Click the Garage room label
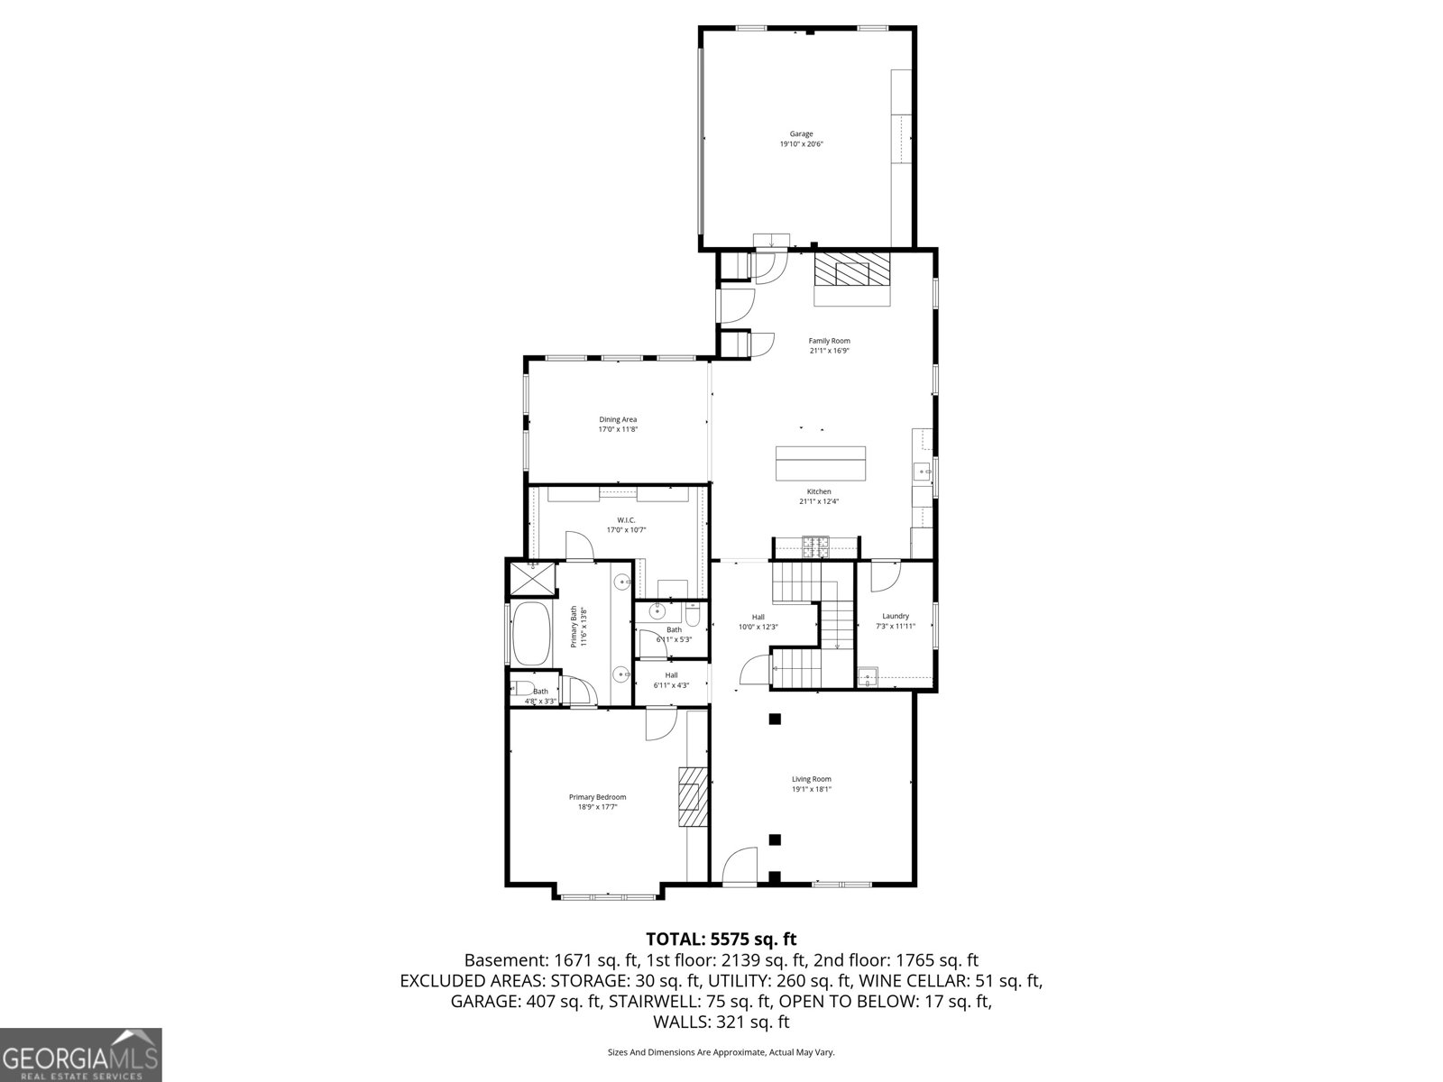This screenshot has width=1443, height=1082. [x=801, y=134]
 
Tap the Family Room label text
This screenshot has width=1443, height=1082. [x=829, y=341]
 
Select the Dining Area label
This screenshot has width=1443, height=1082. [x=618, y=419]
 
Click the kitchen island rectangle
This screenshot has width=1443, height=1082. [x=820, y=463]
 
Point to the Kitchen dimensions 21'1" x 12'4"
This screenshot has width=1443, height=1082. [x=819, y=501]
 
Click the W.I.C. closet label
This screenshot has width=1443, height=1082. [x=626, y=520]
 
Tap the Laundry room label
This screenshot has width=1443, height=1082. [x=895, y=616]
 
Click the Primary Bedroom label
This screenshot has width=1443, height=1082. [x=597, y=797]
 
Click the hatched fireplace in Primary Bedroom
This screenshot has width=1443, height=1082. [x=694, y=797]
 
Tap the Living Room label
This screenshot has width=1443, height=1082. [x=811, y=779]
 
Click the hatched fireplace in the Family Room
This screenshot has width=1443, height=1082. [x=851, y=269]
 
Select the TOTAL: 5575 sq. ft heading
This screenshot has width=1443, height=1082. [x=721, y=940]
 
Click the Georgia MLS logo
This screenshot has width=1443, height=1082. [x=81, y=1054]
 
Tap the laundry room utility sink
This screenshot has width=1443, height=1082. [x=868, y=677]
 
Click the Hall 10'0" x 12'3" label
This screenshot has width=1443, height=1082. [x=758, y=622]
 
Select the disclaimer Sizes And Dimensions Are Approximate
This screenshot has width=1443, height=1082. [x=721, y=1052]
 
